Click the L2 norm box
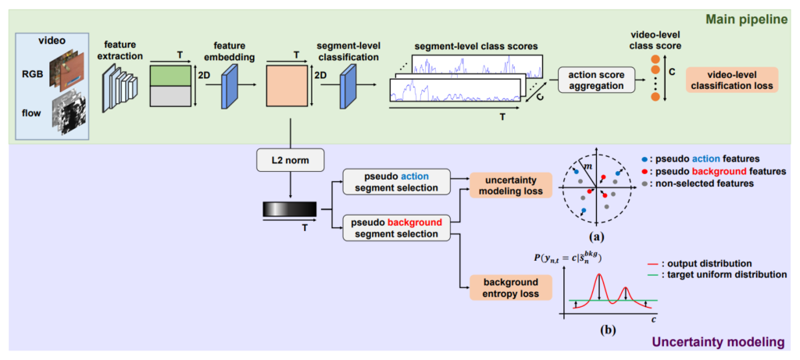click(x=291, y=162)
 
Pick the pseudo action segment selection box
click(x=396, y=180)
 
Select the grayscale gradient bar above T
click(x=291, y=209)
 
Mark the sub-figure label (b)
click(x=607, y=329)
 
